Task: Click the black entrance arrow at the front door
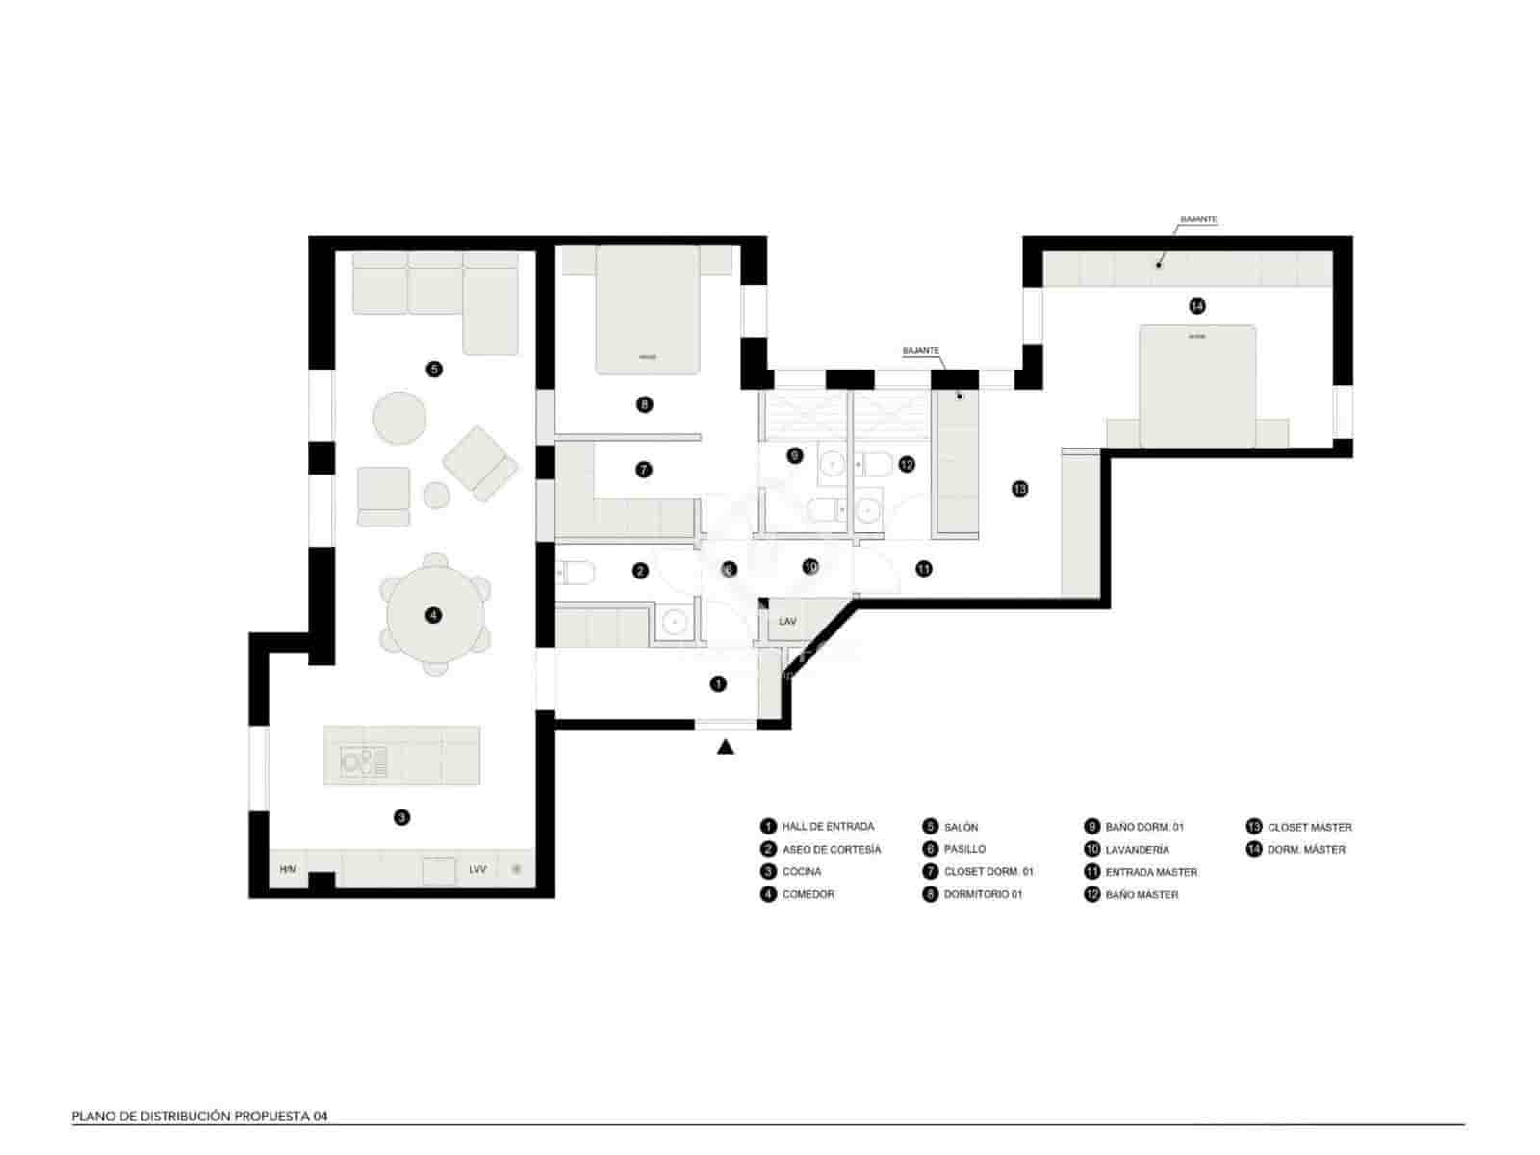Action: coord(726,746)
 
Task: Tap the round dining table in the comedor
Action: coord(434,615)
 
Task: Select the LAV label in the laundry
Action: coord(787,622)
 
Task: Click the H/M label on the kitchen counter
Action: coord(288,870)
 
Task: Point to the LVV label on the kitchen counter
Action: coord(477,870)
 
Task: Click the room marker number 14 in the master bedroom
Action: coord(1196,306)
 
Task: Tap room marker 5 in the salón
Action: coord(434,368)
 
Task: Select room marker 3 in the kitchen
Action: coord(401,817)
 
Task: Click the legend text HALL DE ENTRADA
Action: coord(828,827)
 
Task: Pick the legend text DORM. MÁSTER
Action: coord(1306,850)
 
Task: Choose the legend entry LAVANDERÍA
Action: coord(1137,850)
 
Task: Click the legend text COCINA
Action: coord(802,872)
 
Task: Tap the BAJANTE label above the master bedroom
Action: coord(1198,219)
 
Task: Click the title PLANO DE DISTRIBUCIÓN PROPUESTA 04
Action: coord(200,1116)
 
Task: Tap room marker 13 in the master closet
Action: coord(1019,489)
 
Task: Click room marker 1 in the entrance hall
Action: coord(718,684)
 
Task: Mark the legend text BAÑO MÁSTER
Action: coord(1142,895)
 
